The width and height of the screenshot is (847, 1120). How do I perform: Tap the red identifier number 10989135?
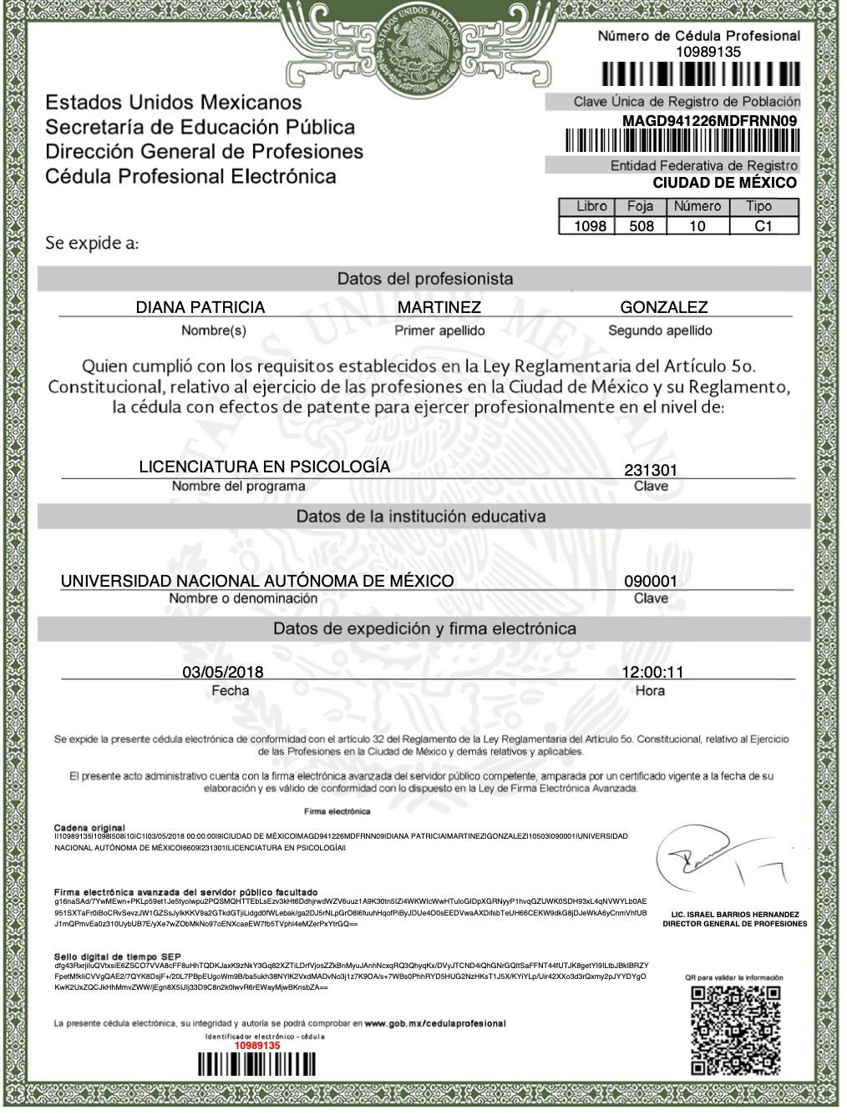click(256, 1045)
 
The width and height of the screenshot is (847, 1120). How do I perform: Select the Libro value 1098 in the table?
click(590, 226)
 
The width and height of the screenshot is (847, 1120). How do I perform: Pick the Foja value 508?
click(642, 226)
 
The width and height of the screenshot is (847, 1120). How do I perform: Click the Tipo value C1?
click(763, 226)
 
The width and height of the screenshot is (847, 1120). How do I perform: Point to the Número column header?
click(697, 206)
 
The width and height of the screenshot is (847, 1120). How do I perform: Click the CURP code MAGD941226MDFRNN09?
click(709, 121)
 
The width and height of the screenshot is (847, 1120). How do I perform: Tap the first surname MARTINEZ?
click(439, 307)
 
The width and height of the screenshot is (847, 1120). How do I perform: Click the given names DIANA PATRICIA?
click(200, 307)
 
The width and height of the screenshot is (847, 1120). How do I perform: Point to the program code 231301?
click(651, 470)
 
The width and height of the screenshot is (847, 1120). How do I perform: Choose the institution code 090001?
click(651, 582)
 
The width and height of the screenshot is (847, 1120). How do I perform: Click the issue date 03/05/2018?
click(223, 672)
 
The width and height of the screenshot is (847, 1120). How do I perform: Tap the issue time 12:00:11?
click(652, 672)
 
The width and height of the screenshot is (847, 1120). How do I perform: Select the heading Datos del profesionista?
click(424, 279)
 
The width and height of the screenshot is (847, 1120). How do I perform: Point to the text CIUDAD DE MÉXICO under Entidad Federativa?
click(724, 183)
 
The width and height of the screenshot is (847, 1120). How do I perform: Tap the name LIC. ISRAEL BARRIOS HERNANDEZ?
click(735, 914)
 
